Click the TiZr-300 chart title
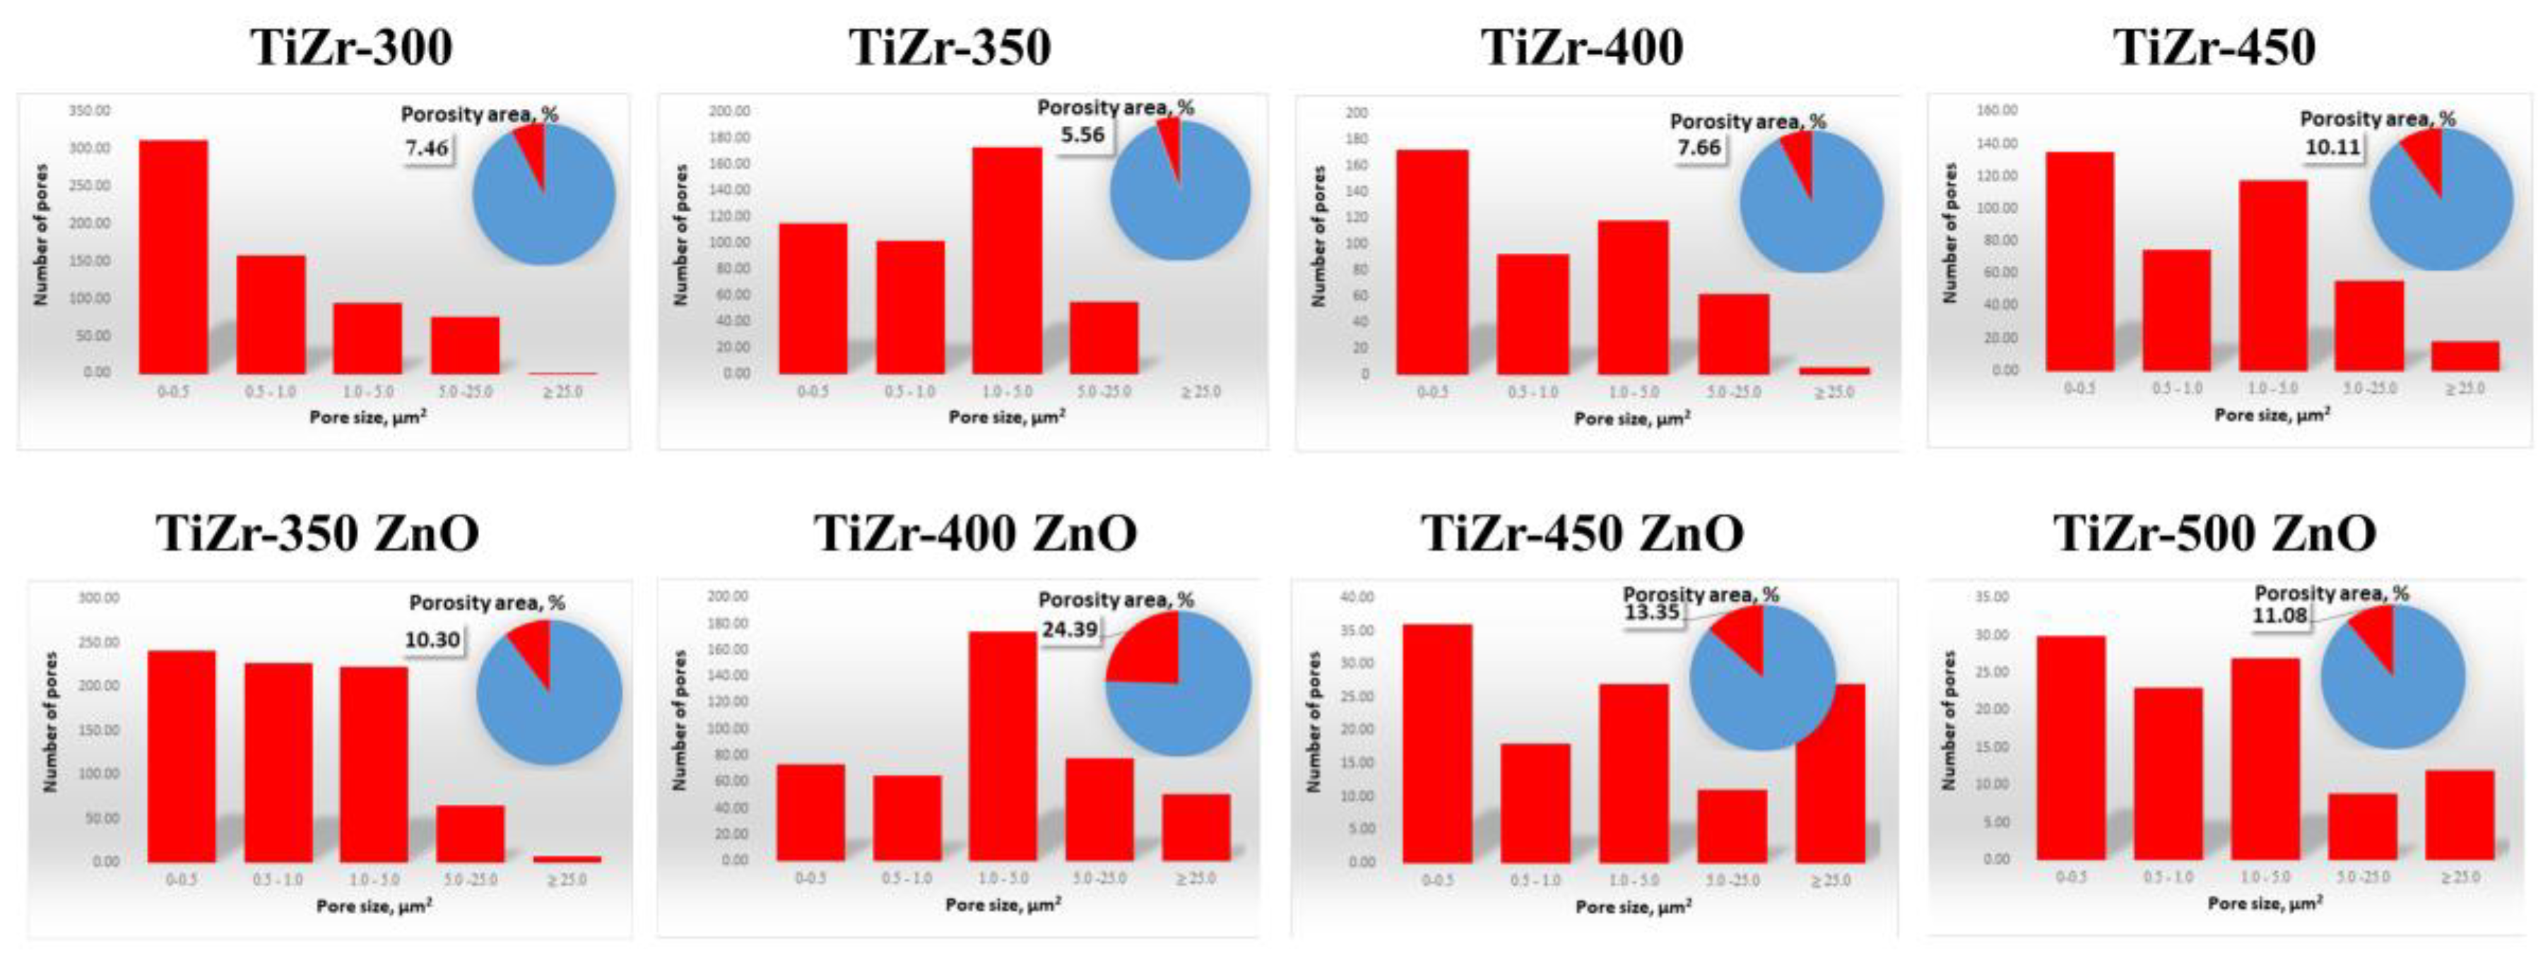[x=352, y=47]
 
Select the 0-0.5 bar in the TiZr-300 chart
[x=173, y=257]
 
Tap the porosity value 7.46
[x=427, y=149]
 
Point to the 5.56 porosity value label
[x=1082, y=135]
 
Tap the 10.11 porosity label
[x=2332, y=148]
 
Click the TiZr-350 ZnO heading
[x=317, y=533]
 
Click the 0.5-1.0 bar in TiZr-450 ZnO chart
[x=1534, y=803]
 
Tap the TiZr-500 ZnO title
[x=2214, y=533]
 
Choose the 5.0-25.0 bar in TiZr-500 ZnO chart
[x=2363, y=826]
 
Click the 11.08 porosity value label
[x=2280, y=616]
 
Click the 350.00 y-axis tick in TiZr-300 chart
[x=90, y=110]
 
